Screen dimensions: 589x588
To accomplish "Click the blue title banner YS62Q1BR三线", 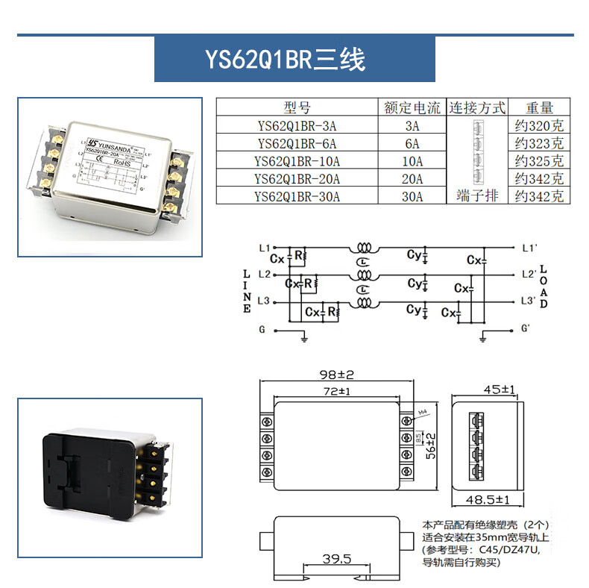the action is tap(294, 60).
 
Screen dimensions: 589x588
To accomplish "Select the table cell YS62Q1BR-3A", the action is tap(297, 125).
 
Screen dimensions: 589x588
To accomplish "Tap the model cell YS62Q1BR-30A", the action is tap(297, 197).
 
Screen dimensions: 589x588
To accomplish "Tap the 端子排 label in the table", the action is tap(477, 196).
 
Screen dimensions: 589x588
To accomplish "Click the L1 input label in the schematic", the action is tap(263, 247).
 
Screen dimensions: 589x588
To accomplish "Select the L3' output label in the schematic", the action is tap(527, 301).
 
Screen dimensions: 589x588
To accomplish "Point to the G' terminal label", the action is tap(526, 328).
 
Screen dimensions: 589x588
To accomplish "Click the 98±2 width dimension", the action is tap(335, 374).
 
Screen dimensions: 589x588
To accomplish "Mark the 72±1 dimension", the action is tap(336, 391).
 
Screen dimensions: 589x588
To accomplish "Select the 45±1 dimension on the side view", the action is tap(500, 389).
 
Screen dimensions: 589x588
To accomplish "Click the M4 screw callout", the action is tap(423, 411).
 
